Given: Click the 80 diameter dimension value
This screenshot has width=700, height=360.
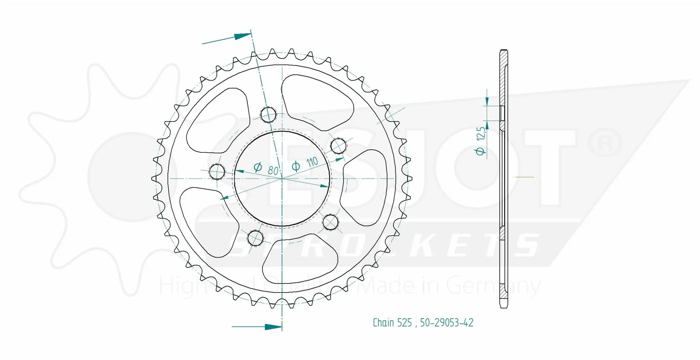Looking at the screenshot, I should pos(273,170).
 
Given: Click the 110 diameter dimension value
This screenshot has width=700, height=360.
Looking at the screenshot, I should pos(312,162).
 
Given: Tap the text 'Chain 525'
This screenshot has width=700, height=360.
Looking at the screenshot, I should pos(392,323).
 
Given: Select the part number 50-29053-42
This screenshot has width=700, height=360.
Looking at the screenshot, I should pos(447,323).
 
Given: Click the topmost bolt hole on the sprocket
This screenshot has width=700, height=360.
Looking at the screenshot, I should pos(268,114).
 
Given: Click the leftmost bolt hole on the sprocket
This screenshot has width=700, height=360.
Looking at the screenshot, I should pos(217,171).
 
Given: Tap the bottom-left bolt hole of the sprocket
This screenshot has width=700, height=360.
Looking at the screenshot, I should pos(255,238).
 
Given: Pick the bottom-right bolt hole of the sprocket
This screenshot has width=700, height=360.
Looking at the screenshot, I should pos(331,222).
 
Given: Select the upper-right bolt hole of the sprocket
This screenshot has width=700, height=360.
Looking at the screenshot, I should pos(339,146).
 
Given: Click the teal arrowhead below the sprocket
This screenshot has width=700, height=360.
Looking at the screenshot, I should pos(273,327).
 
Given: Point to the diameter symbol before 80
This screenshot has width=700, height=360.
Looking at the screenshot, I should pos(258,167).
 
